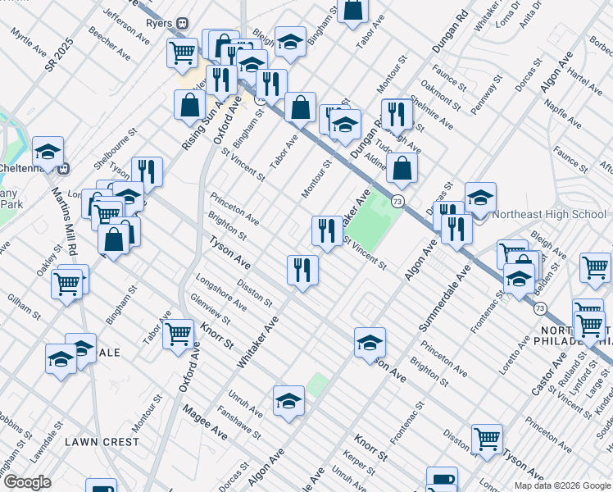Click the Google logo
point(27,481)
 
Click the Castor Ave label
point(550,373)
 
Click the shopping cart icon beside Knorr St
point(178,334)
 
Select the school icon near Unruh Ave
point(288,401)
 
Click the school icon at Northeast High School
point(480,198)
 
